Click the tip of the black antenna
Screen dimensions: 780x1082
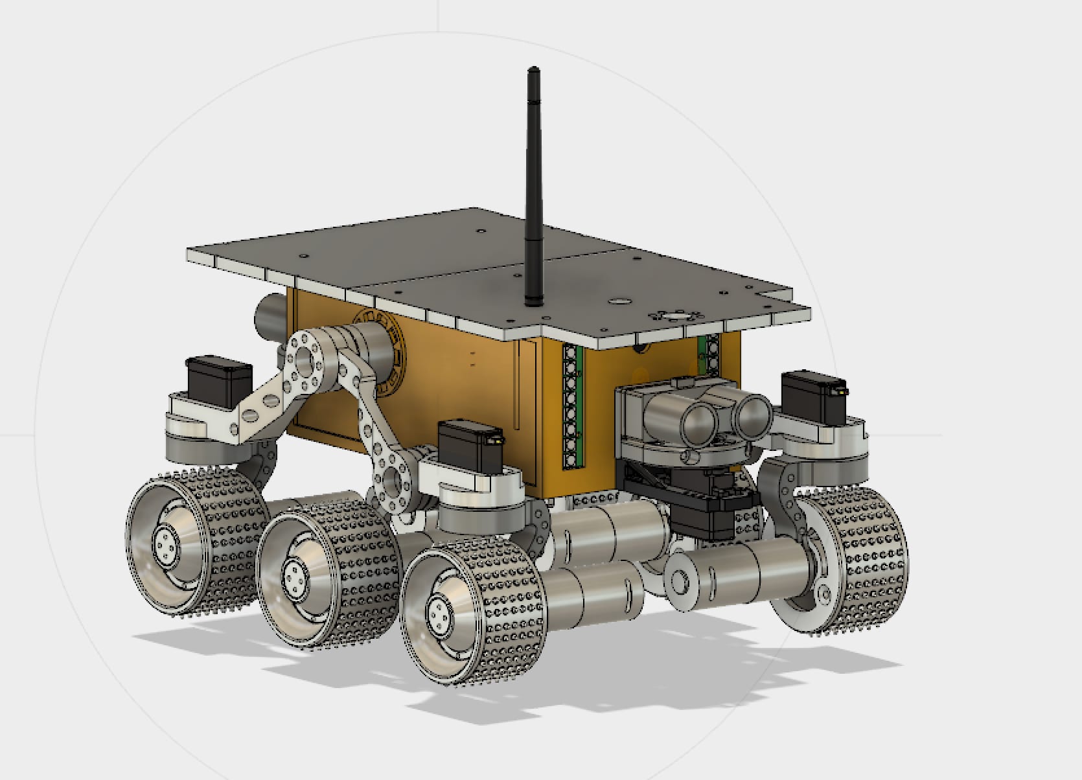[533, 70]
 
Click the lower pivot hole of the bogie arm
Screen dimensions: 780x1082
[393, 482]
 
